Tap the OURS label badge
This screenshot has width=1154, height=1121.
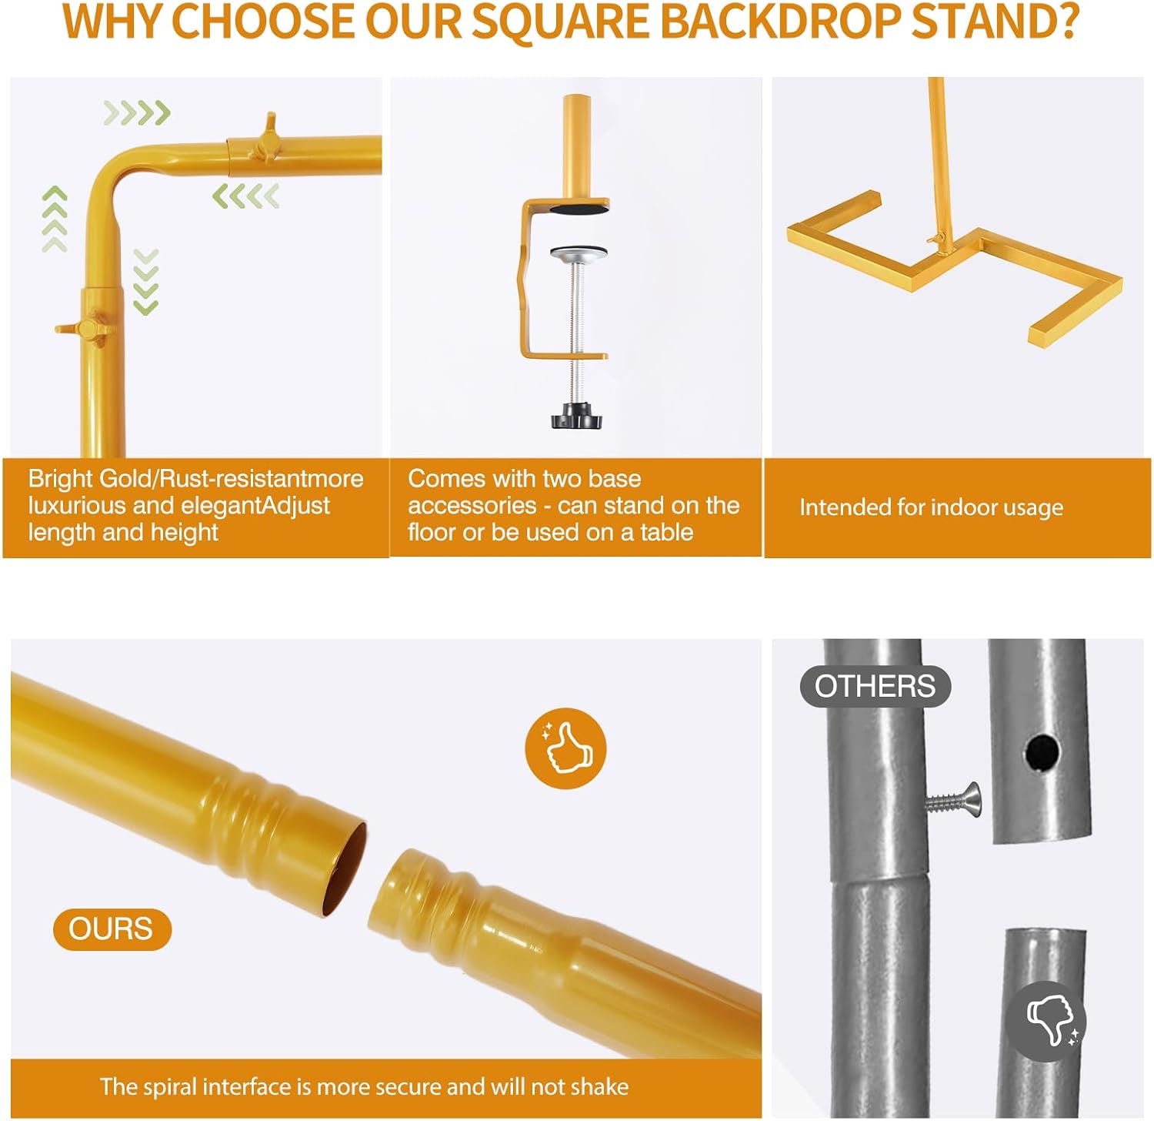[112, 929]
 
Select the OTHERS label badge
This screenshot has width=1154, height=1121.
[876, 686]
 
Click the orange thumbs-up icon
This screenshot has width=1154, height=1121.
[565, 748]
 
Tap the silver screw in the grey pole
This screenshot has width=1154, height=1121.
[953, 801]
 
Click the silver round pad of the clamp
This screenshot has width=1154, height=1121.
[579, 254]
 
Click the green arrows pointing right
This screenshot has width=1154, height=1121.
[137, 113]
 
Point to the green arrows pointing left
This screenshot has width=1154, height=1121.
[245, 196]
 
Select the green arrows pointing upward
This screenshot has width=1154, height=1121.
[55, 219]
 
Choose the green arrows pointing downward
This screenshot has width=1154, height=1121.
[145, 282]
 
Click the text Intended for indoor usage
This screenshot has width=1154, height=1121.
[931, 507]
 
